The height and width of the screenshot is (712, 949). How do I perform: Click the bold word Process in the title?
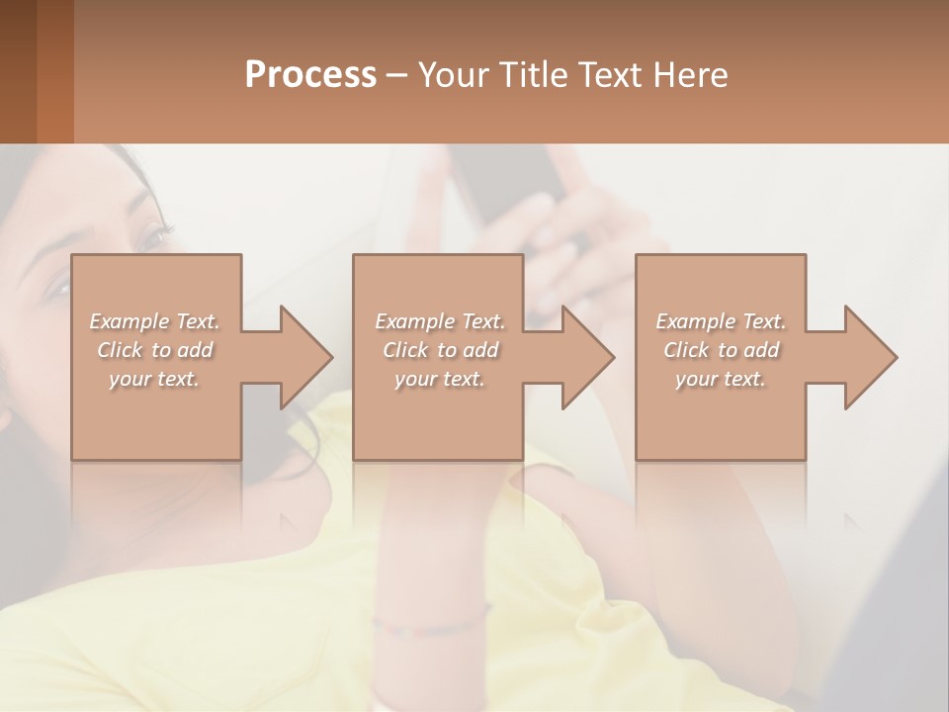[x=310, y=75]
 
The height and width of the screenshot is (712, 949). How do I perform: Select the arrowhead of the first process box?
[x=304, y=357]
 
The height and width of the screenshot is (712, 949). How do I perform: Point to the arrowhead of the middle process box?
[x=586, y=357]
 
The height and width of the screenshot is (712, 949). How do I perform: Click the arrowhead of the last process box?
[x=869, y=357]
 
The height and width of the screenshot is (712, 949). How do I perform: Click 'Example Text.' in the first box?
[x=155, y=321]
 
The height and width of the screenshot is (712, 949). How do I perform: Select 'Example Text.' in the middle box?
[x=440, y=321]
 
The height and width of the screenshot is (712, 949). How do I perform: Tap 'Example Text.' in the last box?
[x=721, y=321]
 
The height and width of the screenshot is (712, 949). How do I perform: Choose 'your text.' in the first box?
[x=155, y=379]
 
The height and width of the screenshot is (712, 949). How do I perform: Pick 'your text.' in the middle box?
[x=440, y=379]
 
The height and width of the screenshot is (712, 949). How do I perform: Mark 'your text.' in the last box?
[x=721, y=379]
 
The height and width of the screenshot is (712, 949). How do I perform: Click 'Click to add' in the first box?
[x=155, y=350]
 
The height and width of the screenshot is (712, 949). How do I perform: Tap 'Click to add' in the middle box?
[x=440, y=350]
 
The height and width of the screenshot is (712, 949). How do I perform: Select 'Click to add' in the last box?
[x=721, y=350]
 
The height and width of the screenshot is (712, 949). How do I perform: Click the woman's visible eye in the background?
[x=153, y=236]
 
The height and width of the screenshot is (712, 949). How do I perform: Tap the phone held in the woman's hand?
[x=514, y=183]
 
